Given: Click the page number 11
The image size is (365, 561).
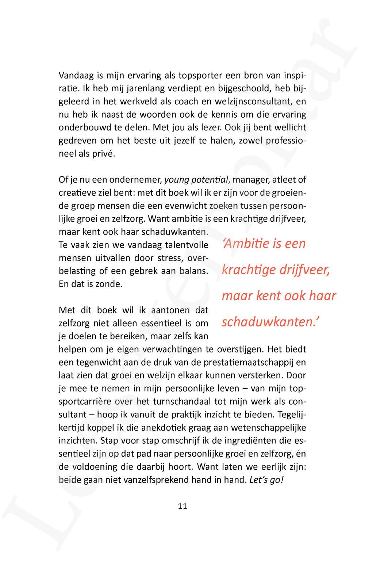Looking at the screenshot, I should pos(182,506).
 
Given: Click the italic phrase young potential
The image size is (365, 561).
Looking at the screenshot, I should pos(197,180).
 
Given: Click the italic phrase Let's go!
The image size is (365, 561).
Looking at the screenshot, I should pos(266,480).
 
